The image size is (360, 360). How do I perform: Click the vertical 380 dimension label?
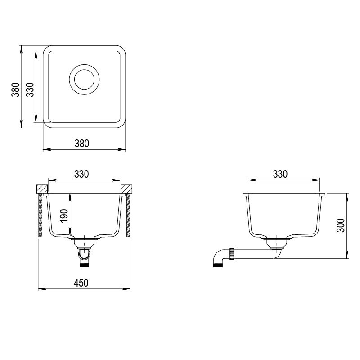click(x=16, y=90)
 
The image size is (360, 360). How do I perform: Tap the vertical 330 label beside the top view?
click(x=30, y=90)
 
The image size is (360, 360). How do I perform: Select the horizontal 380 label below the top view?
click(x=82, y=144)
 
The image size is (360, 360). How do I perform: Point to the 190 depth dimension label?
click(x=64, y=216)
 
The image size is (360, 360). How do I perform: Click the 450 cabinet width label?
click(x=81, y=283)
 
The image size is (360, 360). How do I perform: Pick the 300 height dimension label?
click(x=341, y=225)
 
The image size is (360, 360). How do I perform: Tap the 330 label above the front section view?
click(x=81, y=174)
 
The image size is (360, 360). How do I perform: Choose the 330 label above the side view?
click(x=280, y=174)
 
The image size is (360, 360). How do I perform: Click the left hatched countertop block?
click(x=42, y=189)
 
